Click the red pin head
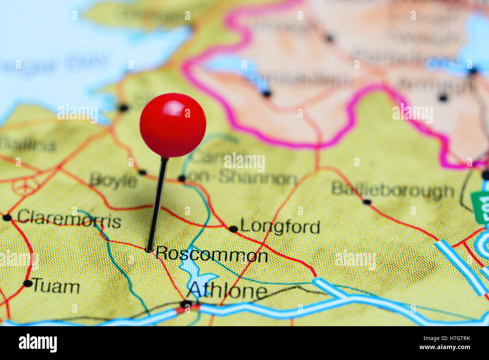pyautogui.click(x=173, y=125)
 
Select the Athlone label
pyautogui.click(x=227, y=290)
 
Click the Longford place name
pyautogui.click(x=280, y=227)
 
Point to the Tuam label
pyautogui.click(x=56, y=287)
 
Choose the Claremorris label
pyautogui.click(x=69, y=219)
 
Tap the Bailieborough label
pyautogui.click(x=393, y=190)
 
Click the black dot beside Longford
pyautogui.click(x=233, y=229)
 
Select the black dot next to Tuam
pyautogui.click(x=27, y=283)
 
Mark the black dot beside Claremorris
pyautogui.click(x=7, y=218)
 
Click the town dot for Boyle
pyautogui.click(x=142, y=172)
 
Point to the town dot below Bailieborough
pyautogui.click(x=367, y=202)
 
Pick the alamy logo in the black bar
pyautogui.click(x=38, y=343)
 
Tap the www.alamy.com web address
pyautogui.click(x=445, y=347)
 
